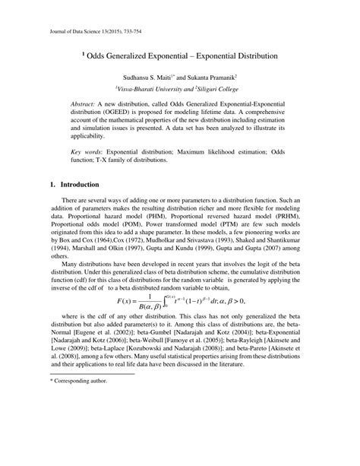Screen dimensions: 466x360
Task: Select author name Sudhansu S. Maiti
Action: (147, 78)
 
